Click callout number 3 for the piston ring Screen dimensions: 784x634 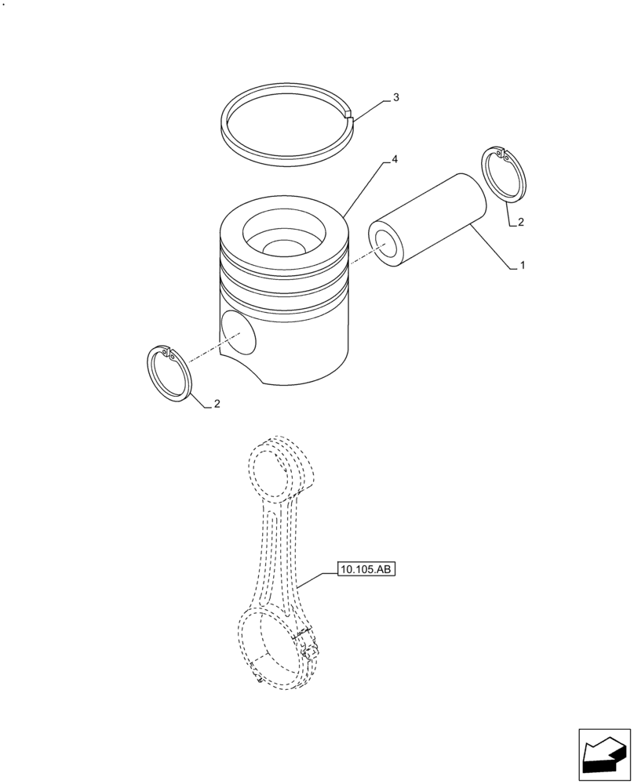395,98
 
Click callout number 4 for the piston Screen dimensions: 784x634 395,160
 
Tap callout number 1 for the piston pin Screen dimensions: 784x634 522,267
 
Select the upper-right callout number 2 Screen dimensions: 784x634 519,223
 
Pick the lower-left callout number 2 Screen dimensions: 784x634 217,405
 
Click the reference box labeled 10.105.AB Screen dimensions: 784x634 366,569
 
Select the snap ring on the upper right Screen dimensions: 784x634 503,176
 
